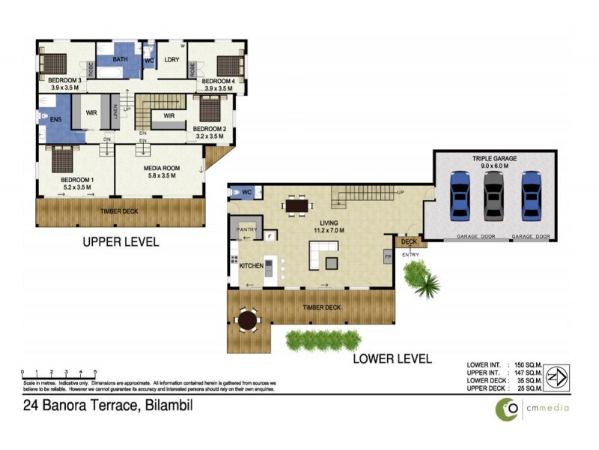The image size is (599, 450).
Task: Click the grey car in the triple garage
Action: tap(492, 195)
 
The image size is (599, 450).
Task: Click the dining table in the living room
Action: tap(297, 204)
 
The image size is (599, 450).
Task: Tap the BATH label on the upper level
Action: tap(121, 58)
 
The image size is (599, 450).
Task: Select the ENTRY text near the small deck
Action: tap(410, 254)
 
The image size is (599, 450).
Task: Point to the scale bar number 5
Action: tap(95, 372)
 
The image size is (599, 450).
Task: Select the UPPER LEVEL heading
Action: tap(120, 242)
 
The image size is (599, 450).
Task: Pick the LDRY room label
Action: tap(171, 61)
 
